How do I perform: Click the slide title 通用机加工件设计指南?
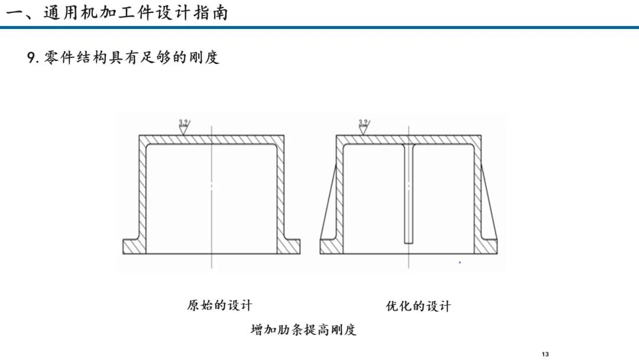tap(135, 13)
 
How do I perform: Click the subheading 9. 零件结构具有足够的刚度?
tap(123, 57)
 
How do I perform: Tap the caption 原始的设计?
tap(220, 306)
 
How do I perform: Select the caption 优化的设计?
tap(418, 306)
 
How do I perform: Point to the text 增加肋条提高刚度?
tap(304, 329)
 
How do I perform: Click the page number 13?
tap(546, 354)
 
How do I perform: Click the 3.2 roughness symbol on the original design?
tap(184, 127)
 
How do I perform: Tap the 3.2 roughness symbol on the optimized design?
tap(363, 127)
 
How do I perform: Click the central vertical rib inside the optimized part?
tap(409, 194)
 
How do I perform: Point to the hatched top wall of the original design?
tap(211, 139)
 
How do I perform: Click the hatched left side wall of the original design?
tap(142, 192)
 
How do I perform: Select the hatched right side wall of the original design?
tap(280, 192)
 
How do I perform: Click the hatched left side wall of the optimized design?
tap(340, 192)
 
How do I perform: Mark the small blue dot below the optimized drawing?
tap(460, 262)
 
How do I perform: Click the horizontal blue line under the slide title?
tap(319, 27)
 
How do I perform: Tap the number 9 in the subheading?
tap(31, 57)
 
